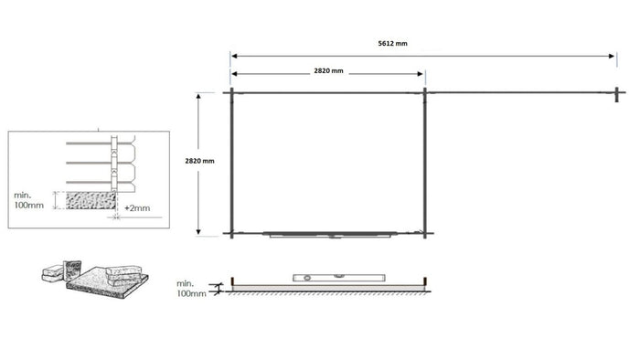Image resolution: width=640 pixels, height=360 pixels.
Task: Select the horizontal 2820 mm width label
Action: (327, 71)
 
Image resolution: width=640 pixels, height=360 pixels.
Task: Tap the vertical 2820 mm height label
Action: (199, 161)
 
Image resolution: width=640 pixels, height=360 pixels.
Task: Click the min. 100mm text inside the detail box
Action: (29, 200)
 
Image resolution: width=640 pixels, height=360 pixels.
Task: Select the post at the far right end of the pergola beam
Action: (618, 92)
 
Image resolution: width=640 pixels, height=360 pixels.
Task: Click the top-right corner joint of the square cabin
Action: (425, 92)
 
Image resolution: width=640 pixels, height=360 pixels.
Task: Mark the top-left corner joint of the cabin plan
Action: (231, 92)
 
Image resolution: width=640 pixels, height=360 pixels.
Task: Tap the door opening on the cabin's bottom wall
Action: (329, 234)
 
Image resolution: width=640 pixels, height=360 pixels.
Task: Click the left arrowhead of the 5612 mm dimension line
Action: (234, 56)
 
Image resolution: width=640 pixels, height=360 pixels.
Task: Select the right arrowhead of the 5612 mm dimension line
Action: (614, 56)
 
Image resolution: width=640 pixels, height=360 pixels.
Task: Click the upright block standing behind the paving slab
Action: (54, 271)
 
